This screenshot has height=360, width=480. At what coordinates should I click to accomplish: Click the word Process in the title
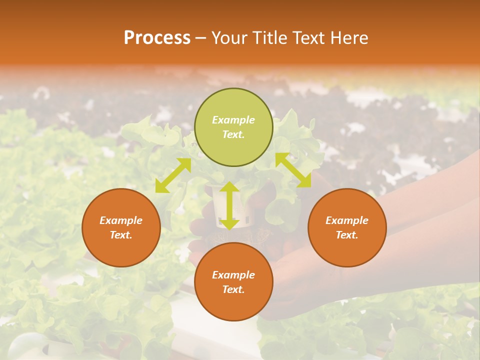(157, 38)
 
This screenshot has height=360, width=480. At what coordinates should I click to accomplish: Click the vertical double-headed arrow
(229, 205)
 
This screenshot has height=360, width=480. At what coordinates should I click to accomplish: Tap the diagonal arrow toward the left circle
(173, 175)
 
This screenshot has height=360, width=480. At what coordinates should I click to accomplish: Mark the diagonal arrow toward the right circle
(293, 170)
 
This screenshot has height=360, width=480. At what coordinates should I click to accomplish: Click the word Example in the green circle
(233, 120)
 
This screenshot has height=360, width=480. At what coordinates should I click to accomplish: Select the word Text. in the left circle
(121, 235)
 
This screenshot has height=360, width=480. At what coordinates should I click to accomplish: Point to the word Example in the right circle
(347, 220)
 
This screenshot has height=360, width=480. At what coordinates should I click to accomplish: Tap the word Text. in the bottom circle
(233, 289)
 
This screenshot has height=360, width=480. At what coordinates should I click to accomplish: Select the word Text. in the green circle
(233, 134)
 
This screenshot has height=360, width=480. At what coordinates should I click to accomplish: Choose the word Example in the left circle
(121, 220)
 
